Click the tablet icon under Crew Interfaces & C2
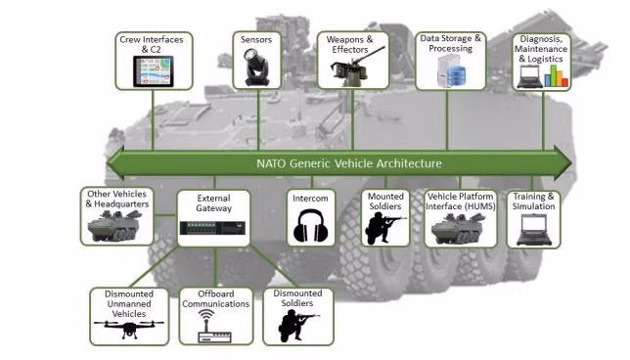pos(153,71)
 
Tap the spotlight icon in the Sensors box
pos(256,67)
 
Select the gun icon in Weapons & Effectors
pos(353,67)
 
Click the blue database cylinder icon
pos(456,75)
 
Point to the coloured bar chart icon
pos(556,75)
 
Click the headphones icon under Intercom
pos(310,226)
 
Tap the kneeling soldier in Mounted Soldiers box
pos(384,228)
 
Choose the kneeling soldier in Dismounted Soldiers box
pos(298,327)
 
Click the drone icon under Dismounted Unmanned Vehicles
pos(129,329)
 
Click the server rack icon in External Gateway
pos(213,228)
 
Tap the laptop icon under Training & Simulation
pos(533,230)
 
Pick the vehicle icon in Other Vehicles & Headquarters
pos(114,226)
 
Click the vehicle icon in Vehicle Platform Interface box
pos(458,229)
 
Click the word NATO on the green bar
pos(271,163)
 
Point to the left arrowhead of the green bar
pos(115,163)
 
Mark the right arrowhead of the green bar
pos(562,163)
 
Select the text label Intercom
pos(310,199)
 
